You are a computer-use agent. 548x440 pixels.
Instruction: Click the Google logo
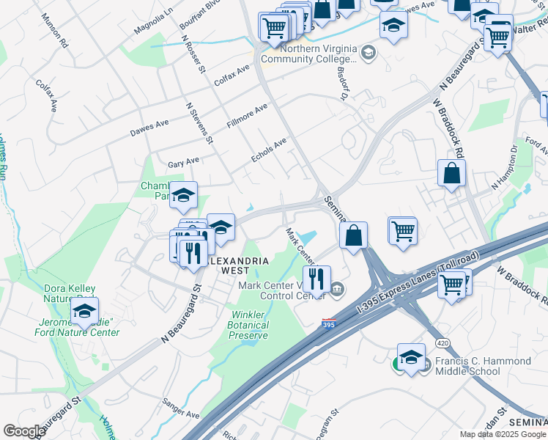pyautogui.click(x=24, y=431)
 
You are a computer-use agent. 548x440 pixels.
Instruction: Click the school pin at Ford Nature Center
pyautogui.click(x=85, y=312)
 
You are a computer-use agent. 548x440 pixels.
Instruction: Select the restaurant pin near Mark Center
pyautogui.click(x=316, y=280)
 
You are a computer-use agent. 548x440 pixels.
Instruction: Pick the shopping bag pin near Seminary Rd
pyautogui.click(x=354, y=236)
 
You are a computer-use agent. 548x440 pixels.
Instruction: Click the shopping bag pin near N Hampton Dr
pyautogui.click(x=452, y=175)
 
